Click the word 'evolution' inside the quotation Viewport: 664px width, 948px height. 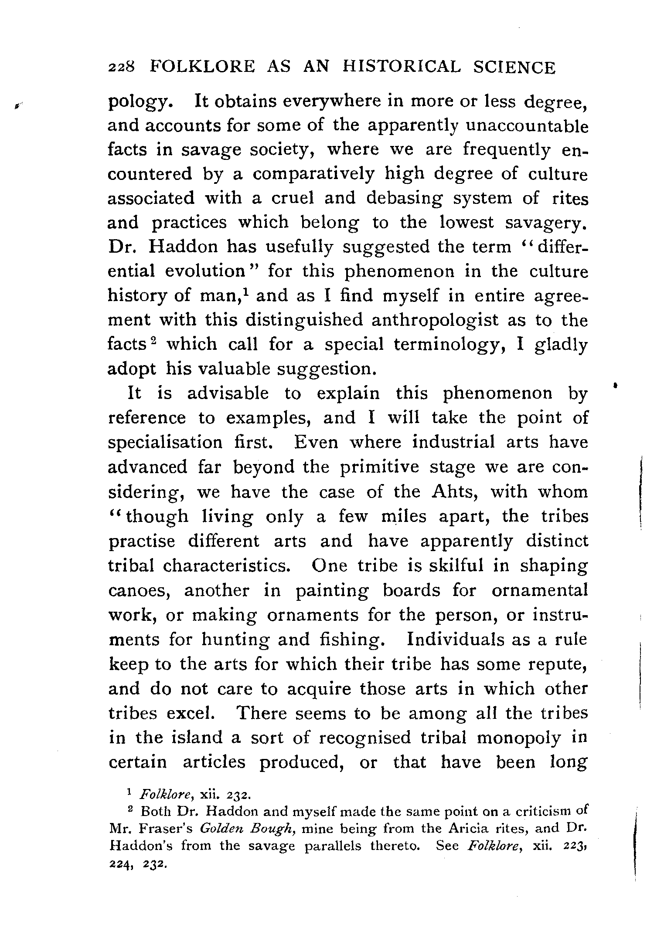205,271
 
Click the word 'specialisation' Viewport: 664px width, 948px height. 165,443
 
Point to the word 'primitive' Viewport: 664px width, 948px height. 379,467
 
